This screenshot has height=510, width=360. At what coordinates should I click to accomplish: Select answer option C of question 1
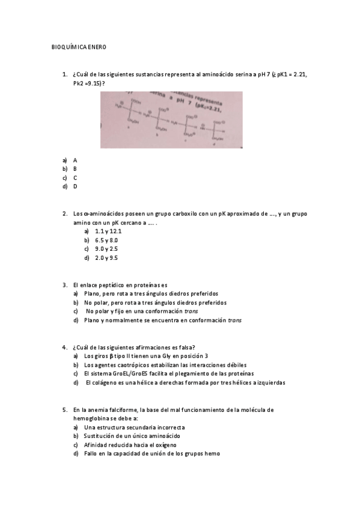point(75,178)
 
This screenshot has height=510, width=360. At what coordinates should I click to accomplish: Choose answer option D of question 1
point(75,186)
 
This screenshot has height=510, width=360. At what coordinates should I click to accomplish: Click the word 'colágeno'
point(109,382)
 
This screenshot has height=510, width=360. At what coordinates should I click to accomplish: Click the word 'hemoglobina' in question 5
point(93,418)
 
